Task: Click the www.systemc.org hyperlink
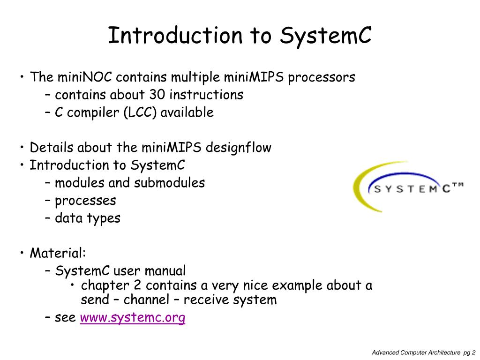133,318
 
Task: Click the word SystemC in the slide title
326,36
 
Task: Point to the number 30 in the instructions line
157,95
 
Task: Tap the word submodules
169,183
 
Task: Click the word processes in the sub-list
85,201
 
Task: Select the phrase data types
88,218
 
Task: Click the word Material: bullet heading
58,254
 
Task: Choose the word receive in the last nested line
213,300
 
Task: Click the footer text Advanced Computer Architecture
416,352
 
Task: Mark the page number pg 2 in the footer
469,352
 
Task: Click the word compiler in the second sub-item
94,112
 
